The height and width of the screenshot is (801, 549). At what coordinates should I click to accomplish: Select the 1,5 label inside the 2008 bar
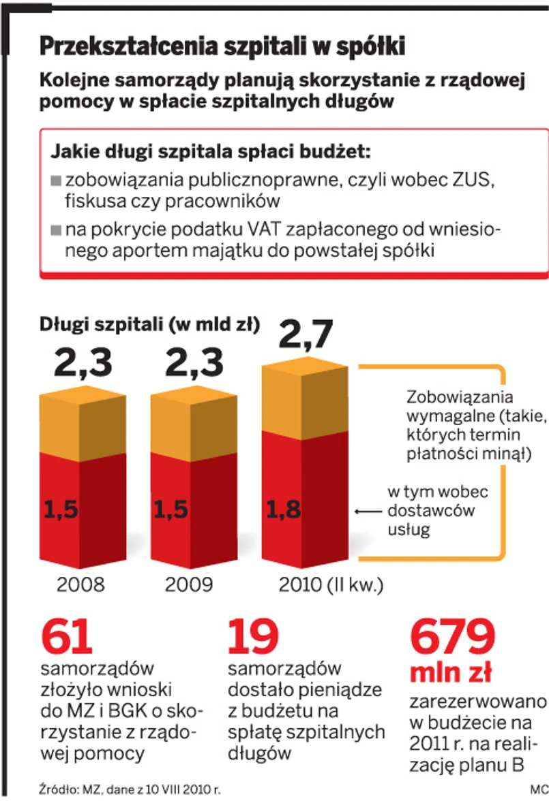point(62,509)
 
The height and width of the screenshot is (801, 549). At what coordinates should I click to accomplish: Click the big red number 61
point(67,637)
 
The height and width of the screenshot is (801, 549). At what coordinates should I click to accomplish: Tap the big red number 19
point(252,637)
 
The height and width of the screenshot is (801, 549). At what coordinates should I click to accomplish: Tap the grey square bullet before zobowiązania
point(56,182)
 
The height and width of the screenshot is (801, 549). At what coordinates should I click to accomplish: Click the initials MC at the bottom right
point(538,790)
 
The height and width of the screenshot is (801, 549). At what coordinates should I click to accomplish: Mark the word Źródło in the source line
point(56,790)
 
